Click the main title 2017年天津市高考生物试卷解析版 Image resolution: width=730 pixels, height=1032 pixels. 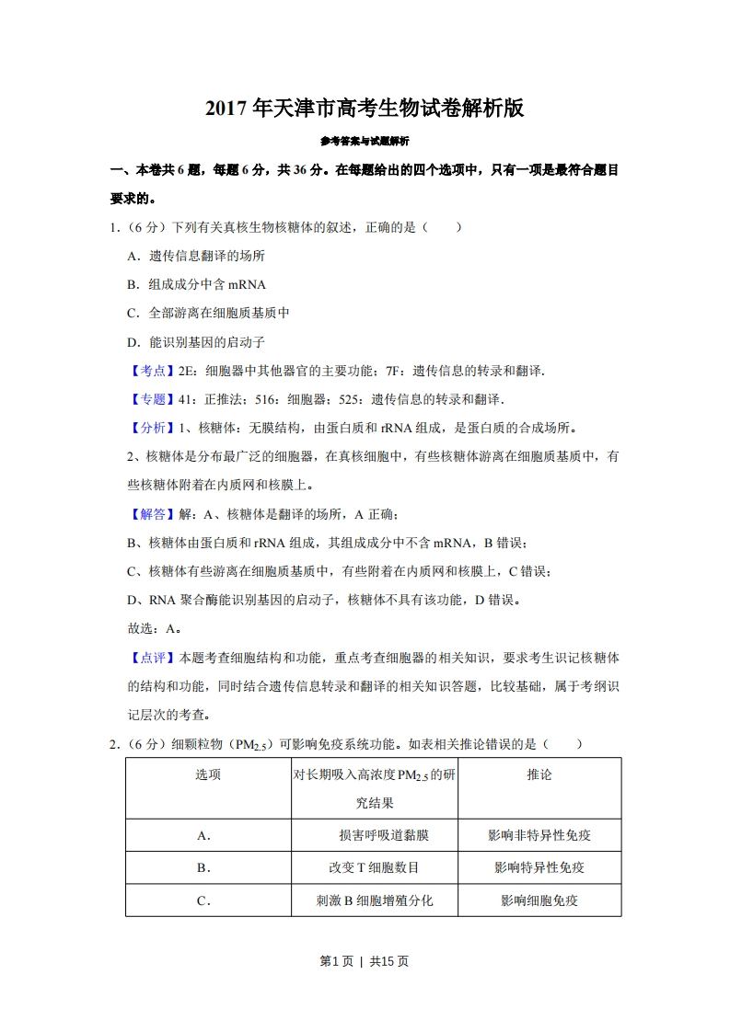365,109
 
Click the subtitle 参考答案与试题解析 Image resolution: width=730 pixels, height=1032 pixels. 365,142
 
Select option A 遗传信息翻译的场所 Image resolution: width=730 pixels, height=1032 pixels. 195,256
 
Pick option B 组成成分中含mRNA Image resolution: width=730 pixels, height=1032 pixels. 195,284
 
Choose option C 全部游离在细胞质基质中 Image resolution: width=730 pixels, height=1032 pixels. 208,313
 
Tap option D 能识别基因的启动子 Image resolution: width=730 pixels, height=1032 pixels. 195,341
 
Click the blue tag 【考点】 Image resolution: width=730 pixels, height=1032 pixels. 146,371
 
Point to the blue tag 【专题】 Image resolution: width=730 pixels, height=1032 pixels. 146,399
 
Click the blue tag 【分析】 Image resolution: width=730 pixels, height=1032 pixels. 146,428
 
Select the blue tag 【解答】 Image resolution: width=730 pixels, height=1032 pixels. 146,514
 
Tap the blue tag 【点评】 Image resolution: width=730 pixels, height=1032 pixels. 146,658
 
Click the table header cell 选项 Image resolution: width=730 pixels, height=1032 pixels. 208,774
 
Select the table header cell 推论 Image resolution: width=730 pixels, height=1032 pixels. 539,774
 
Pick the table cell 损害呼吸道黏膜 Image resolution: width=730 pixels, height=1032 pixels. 383,835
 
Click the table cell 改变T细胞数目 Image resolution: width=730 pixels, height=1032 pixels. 374,867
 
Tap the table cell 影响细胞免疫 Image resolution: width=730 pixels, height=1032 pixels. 539,900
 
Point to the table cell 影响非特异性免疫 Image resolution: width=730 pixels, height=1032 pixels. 539,835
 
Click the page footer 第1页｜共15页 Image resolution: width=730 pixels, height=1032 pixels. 365,961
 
